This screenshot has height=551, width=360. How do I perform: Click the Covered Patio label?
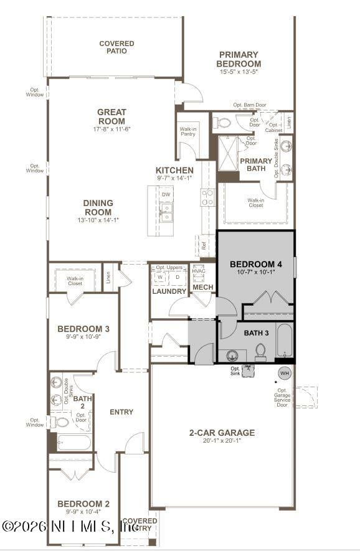coord(116,47)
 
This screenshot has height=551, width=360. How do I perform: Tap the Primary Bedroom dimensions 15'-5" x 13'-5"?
coord(239,72)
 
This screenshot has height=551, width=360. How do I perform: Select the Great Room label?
coord(111,116)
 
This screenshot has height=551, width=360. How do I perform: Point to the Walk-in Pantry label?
coord(188,131)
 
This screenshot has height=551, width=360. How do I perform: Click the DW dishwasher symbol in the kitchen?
coord(166,194)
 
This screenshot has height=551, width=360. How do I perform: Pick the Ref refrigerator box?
coord(204,245)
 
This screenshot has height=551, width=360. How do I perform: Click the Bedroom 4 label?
coord(255,265)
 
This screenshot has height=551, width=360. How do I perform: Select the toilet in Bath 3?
coord(260,352)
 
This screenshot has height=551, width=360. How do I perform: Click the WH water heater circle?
coord(285,374)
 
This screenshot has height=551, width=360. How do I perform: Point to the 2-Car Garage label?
coord(222,433)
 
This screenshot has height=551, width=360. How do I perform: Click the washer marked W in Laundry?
coord(159,278)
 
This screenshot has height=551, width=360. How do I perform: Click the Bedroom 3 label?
coord(83,329)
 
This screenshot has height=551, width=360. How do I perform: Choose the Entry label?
coord(121,412)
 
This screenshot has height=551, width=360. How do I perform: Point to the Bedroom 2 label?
coord(83,503)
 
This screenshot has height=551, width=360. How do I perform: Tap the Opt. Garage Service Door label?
coord(282,398)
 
